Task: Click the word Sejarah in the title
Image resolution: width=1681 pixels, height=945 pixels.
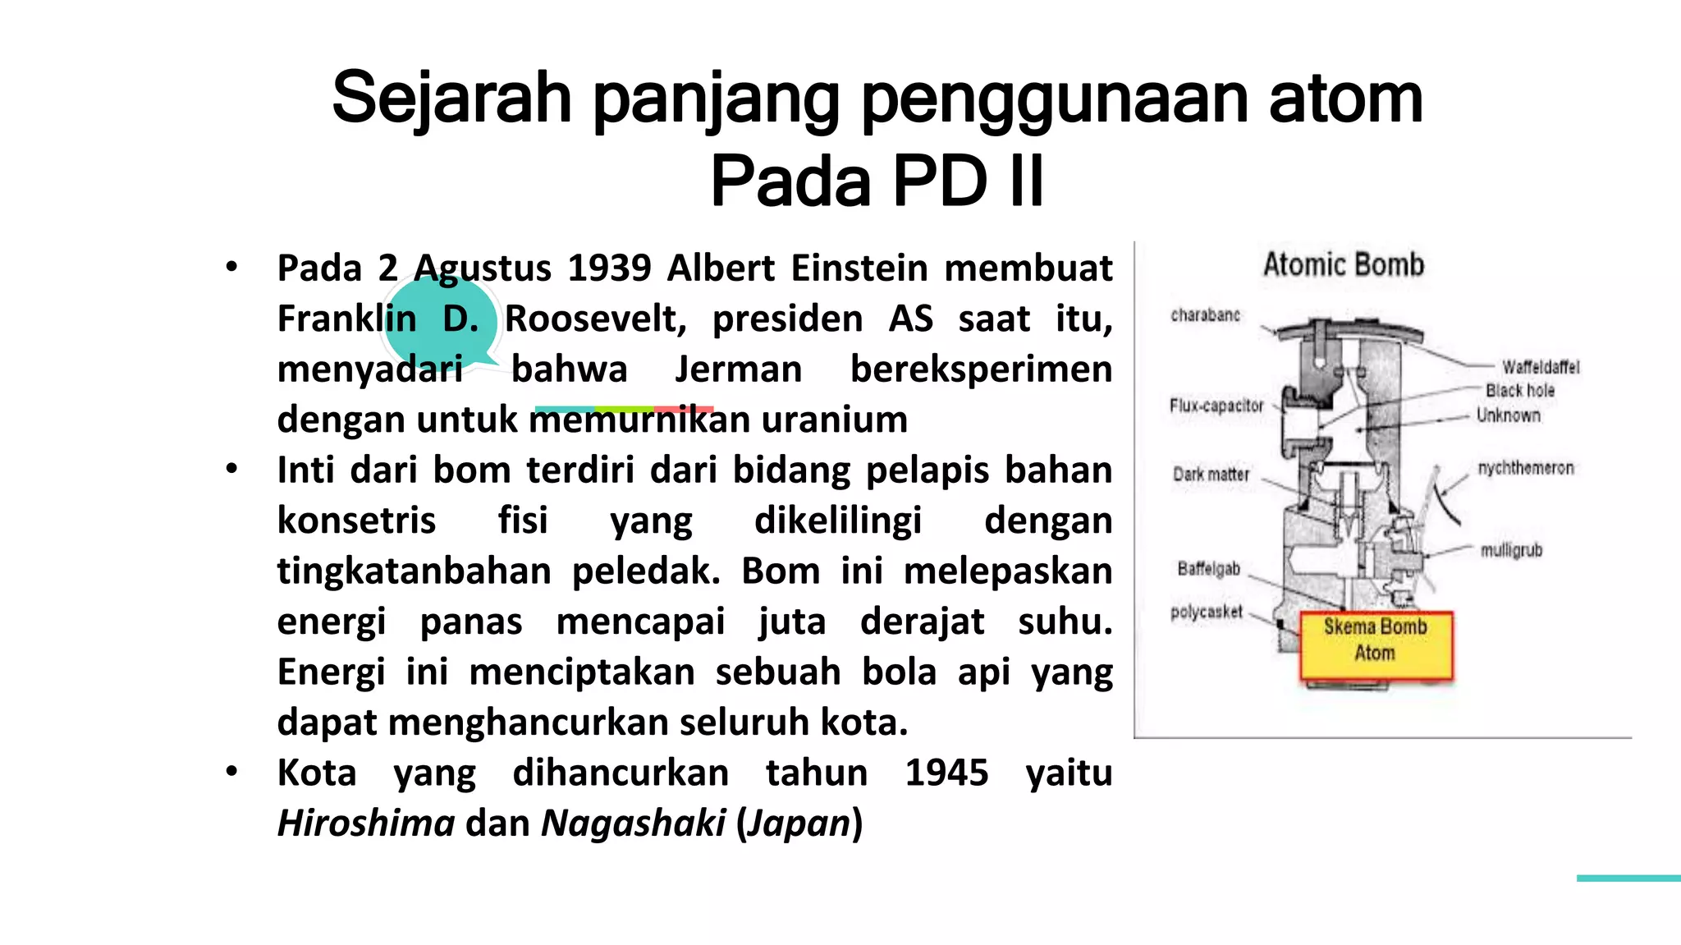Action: pos(451,99)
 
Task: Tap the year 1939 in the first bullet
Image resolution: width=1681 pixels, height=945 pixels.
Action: pos(609,268)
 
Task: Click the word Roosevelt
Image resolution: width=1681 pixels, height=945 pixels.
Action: pos(595,319)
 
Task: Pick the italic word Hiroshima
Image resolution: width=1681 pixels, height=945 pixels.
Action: pos(366,823)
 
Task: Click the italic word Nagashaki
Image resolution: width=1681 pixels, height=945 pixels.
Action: pos(633,823)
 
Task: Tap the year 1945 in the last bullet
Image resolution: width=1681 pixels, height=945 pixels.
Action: pos(946,773)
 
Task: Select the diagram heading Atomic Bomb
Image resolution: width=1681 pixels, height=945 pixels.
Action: pos(1344,265)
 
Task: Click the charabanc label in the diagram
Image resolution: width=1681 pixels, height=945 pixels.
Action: pos(1205,315)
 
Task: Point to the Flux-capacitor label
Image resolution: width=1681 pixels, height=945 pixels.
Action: pos(1216,406)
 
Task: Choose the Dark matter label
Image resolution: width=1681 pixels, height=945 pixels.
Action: pos(1211,475)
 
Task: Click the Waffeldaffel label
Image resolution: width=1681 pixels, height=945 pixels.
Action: pos(1541,367)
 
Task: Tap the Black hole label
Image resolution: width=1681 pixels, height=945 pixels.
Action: pos(1520,391)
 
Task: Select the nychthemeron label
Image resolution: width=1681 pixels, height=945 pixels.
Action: pos(1526,468)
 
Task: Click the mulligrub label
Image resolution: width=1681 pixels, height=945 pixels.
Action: pos(1511,550)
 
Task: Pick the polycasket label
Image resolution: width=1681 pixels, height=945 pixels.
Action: pos(1207,612)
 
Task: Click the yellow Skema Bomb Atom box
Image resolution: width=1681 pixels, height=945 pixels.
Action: pos(1376,646)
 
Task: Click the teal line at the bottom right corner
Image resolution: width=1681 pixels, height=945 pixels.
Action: pos(1628,878)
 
